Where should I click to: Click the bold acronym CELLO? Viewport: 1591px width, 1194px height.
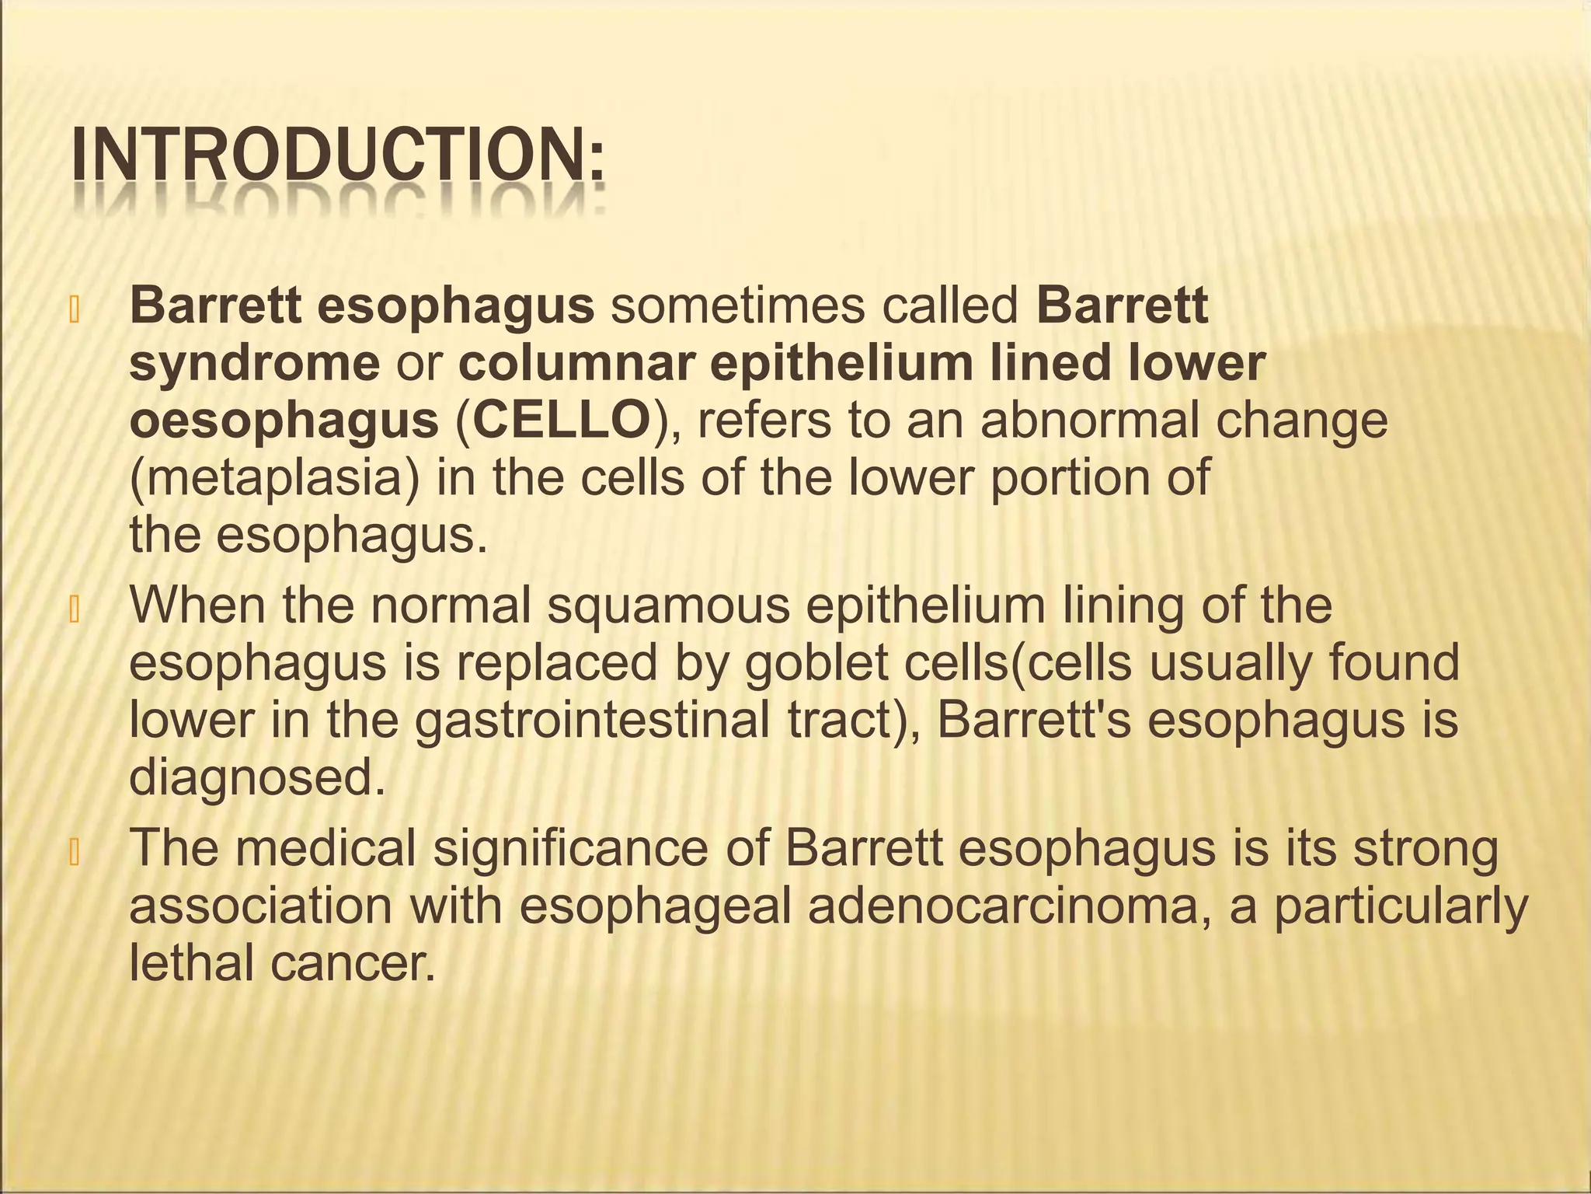click(562, 421)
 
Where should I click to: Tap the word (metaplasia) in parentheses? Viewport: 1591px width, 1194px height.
click(274, 478)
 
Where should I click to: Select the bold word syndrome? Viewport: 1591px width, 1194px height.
click(254, 364)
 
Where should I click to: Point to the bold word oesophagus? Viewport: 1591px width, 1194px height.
click(284, 421)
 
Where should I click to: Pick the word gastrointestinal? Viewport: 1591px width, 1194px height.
click(593, 720)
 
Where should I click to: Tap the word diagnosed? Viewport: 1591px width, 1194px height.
click(257, 777)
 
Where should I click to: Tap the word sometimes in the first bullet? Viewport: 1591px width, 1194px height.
click(737, 306)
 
